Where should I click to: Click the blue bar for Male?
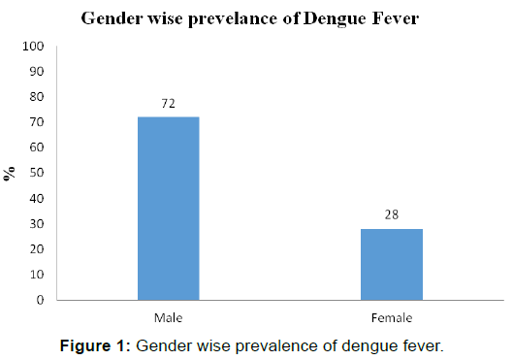pos(169,208)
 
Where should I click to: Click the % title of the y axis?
pos(11,174)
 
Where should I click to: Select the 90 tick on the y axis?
pos(36,72)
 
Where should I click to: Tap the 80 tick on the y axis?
pos(36,97)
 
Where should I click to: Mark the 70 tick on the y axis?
pos(36,122)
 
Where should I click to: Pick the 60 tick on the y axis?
pos(36,147)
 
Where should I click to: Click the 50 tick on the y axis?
pos(36,173)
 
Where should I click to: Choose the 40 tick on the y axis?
pos(36,198)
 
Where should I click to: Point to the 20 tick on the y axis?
pos(36,249)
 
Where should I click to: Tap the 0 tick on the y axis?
pos(39,300)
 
